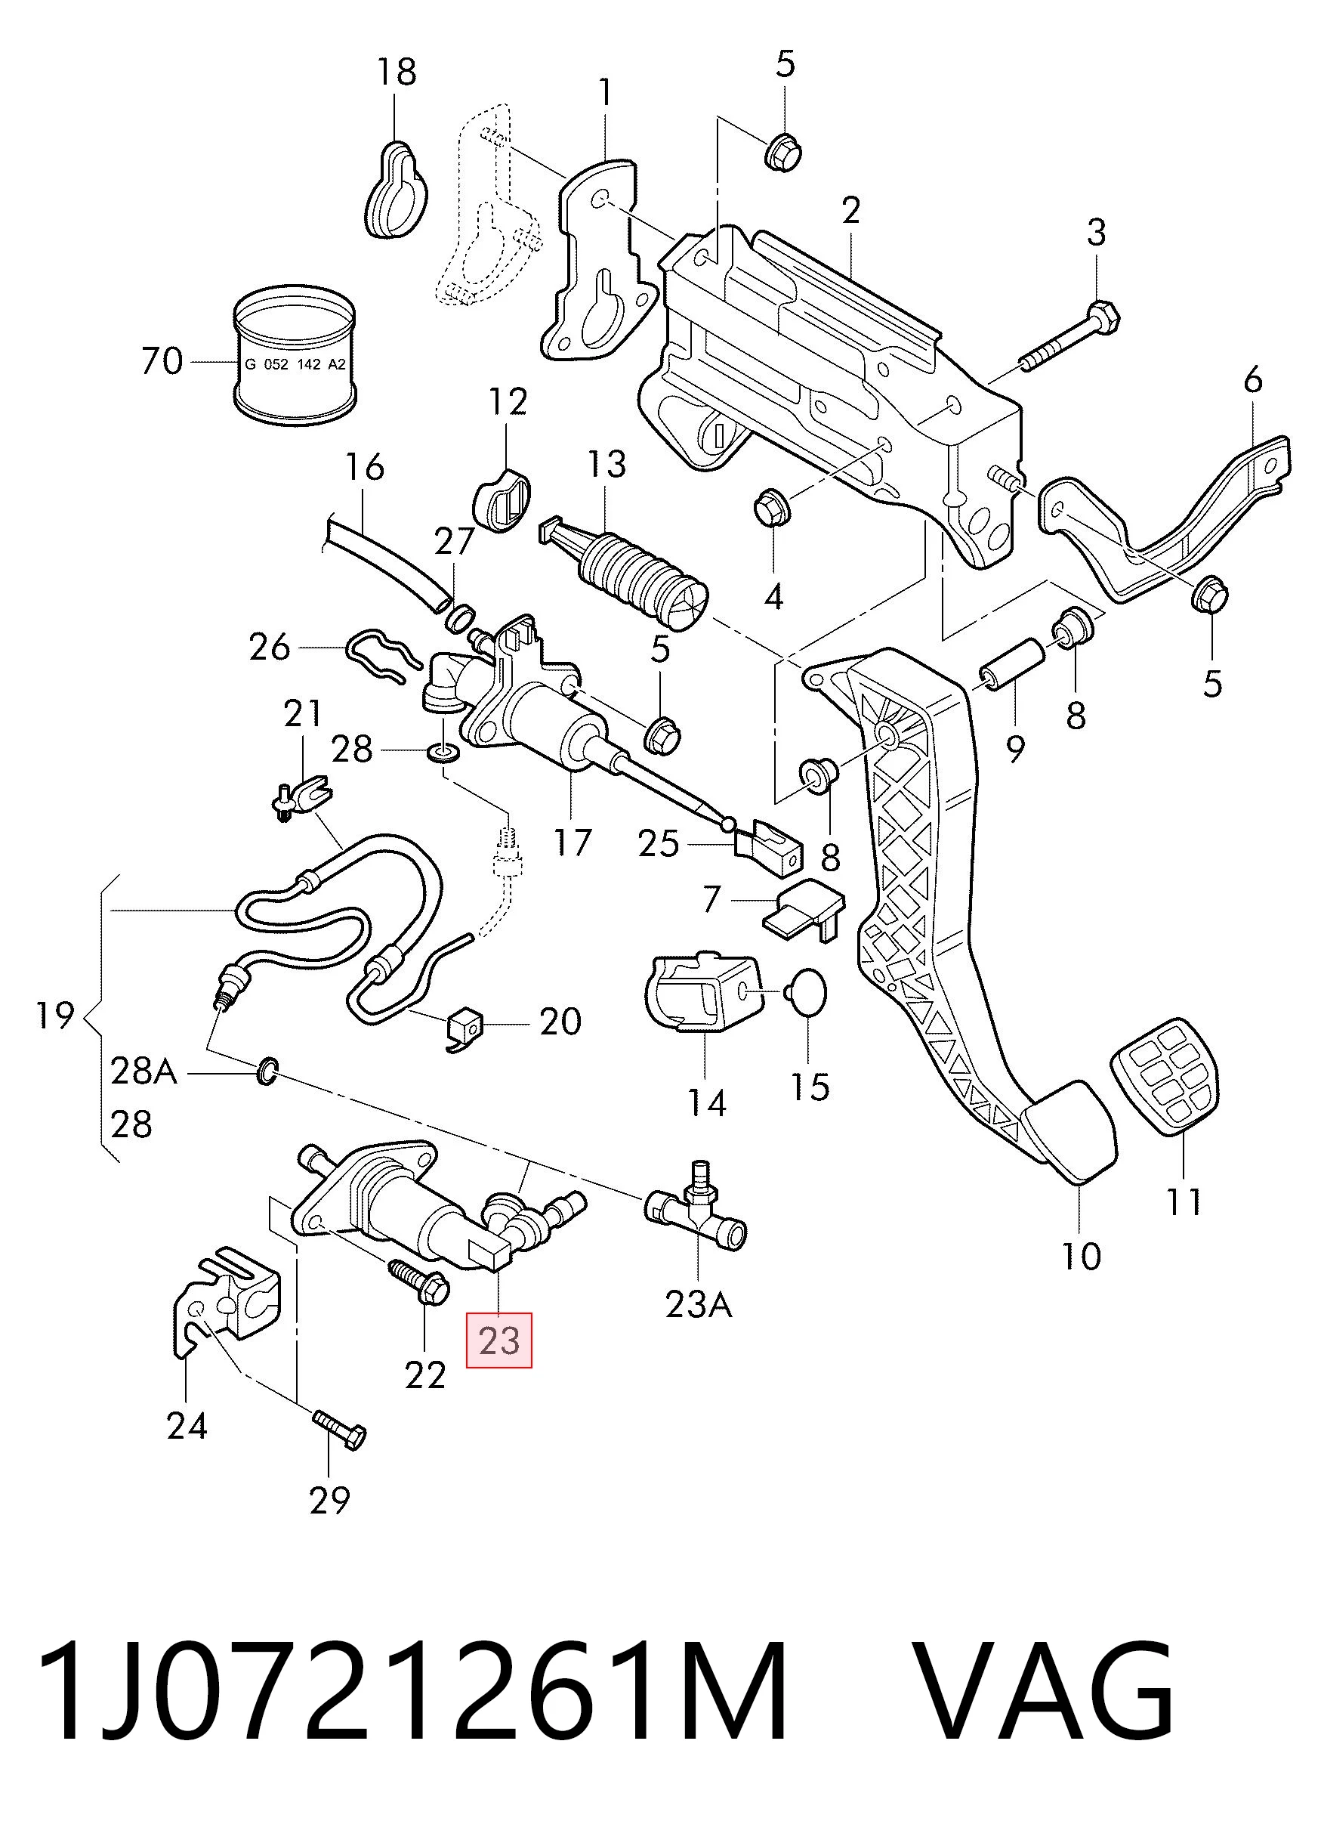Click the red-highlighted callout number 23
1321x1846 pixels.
(x=498, y=1340)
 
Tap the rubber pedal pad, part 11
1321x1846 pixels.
(x=1165, y=1075)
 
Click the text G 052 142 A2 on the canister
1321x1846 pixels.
(x=295, y=364)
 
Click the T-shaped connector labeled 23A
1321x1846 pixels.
(x=696, y=1216)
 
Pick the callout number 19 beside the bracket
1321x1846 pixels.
(x=54, y=1016)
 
